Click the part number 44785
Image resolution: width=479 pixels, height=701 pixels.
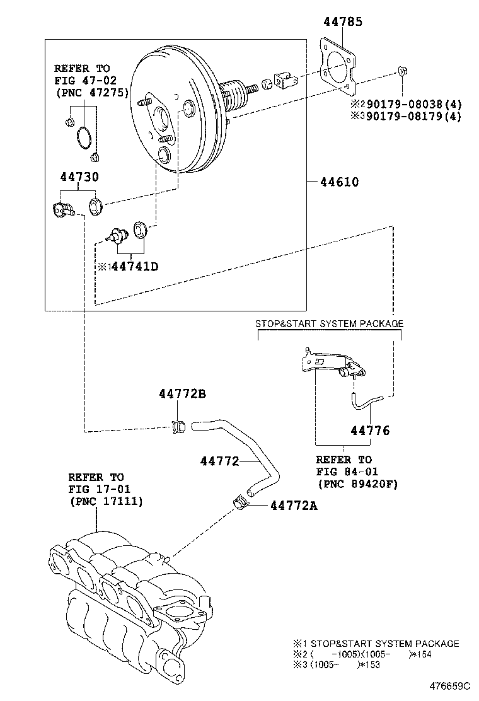pyautogui.click(x=343, y=22)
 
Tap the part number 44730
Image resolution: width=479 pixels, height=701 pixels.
pyautogui.click(x=79, y=178)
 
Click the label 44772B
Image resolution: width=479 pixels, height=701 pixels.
pyautogui.click(x=182, y=394)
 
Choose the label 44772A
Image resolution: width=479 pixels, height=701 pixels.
pyautogui.click(x=294, y=505)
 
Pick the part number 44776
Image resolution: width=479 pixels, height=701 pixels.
pyautogui.click(x=370, y=431)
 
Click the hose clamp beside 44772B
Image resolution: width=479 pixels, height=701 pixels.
pyautogui.click(x=178, y=427)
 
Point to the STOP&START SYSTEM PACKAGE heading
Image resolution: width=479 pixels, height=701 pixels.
pyautogui.click(x=328, y=323)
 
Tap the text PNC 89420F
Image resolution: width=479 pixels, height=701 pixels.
pyautogui.click(x=356, y=484)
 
